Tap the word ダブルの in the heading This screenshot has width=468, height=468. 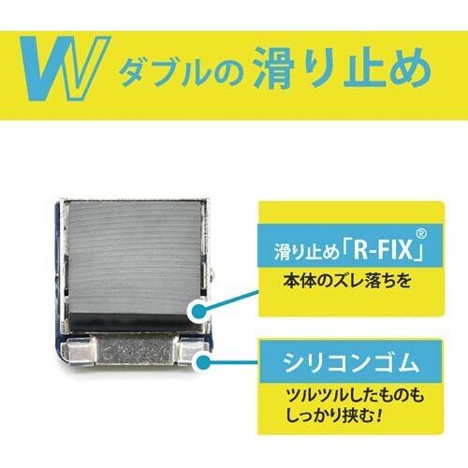click(x=181, y=72)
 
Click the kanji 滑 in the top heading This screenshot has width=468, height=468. click(x=274, y=67)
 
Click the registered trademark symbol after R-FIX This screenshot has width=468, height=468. click(x=421, y=233)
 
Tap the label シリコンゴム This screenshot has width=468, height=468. click(x=351, y=362)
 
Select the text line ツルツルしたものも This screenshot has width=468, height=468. click(x=355, y=396)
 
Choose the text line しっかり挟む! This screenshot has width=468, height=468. click(x=334, y=415)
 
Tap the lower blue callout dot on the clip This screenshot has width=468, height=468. click(x=204, y=363)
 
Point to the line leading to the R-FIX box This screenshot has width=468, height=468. click(x=232, y=301)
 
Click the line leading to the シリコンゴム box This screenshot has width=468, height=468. click(x=235, y=362)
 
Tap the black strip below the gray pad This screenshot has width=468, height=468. click(x=134, y=321)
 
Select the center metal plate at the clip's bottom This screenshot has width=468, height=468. click(x=135, y=350)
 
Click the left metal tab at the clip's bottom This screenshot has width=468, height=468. click(x=78, y=355)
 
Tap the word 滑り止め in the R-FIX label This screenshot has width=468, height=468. click(x=306, y=252)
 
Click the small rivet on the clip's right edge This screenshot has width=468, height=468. click(x=212, y=273)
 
